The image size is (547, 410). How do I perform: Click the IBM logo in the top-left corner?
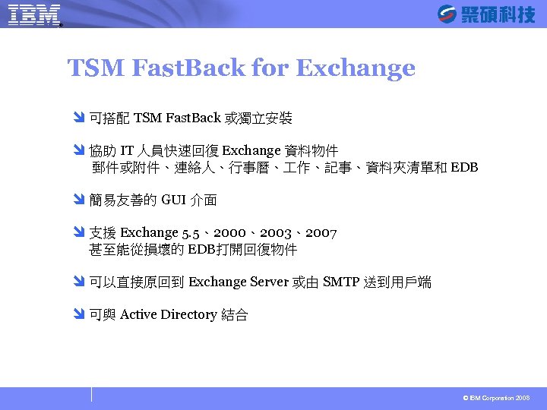pyautogui.click(x=34, y=14)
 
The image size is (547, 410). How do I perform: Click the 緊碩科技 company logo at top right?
pyautogui.click(x=486, y=14)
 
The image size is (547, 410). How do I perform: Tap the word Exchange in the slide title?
pyautogui.click(x=355, y=69)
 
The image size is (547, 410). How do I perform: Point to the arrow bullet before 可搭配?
pyautogui.click(x=81, y=118)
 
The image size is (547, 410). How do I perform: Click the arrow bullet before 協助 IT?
pyautogui.click(x=81, y=151)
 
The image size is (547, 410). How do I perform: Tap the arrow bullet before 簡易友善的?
pyautogui.click(x=81, y=200)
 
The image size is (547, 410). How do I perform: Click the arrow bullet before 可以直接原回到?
pyautogui.click(x=81, y=282)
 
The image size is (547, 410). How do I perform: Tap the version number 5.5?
pyautogui.click(x=191, y=233)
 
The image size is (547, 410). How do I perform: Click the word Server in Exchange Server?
pyautogui.click(x=269, y=282)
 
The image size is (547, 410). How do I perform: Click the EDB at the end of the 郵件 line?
pyautogui.click(x=464, y=168)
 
